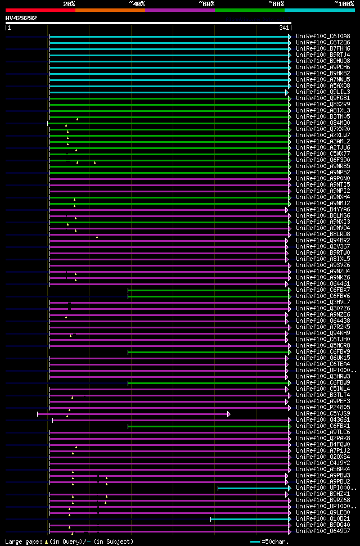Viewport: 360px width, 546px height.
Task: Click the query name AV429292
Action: click(x=21, y=18)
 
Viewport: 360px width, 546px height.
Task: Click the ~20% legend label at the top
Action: click(x=69, y=3)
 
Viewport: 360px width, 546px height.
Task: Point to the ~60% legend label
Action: click(x=206, y=3)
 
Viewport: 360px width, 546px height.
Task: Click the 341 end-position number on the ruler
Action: click(x=284, y=28)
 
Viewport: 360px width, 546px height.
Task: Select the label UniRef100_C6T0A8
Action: click(x=315, y=36)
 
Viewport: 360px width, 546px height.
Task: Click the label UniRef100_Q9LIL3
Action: click(x=315, y=92)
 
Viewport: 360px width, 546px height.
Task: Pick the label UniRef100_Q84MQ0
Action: click(x=315, y=123)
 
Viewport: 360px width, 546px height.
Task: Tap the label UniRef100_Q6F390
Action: click(x=315, y=160)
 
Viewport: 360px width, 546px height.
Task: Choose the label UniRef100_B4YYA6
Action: click(x=315, y=209)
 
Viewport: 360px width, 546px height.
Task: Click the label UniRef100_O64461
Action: click(x=315, y=283)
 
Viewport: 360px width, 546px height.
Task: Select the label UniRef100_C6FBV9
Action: click(x=315, y=351)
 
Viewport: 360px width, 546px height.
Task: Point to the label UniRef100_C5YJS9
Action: click(x=315, y=413)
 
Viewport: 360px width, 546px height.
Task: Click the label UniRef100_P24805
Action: click(x=315, y=407)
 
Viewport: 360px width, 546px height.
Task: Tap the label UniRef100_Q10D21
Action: click(x=315, y=518)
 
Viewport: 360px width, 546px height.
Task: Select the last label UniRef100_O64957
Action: click(x=315, y=531)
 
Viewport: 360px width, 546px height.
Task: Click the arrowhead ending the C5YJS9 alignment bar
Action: click(x=228, y=414)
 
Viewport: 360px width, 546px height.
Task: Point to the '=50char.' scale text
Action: click(x=274, y=542)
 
